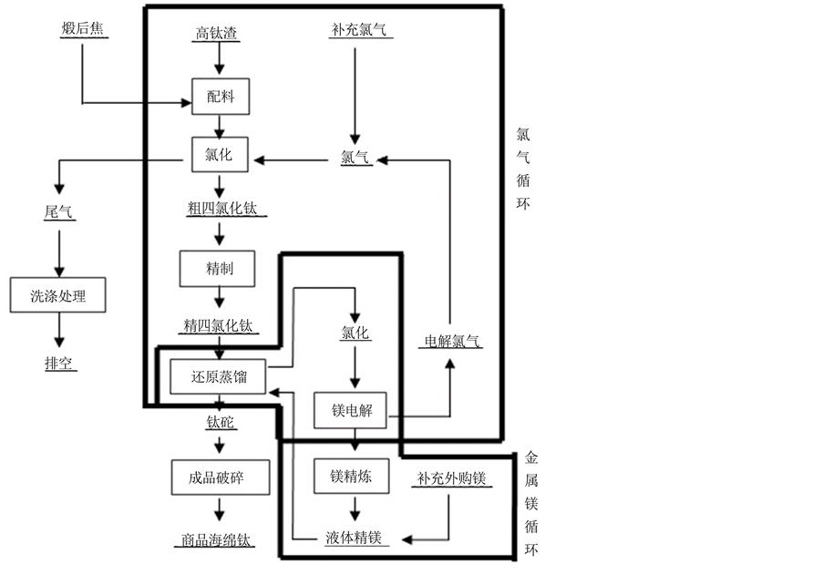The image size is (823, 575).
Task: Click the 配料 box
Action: coord(220,97)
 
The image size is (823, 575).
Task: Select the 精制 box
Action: coord(218,268)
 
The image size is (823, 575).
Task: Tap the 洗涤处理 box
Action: coord(59,296)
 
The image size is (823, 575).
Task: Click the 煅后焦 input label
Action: coord(81,29)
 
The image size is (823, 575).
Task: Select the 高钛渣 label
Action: coord(220,34)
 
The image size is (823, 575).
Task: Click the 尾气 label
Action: coord(59,212)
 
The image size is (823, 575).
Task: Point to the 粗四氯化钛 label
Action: coord(221,209)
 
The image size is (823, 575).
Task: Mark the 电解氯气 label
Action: coord(449,343)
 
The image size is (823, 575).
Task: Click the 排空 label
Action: coord(60,364)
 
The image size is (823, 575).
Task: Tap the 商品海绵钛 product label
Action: coord(212,539)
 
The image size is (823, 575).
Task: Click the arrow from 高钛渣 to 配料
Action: coord(220,60)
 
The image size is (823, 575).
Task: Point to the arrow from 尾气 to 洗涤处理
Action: coord(60,251)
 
